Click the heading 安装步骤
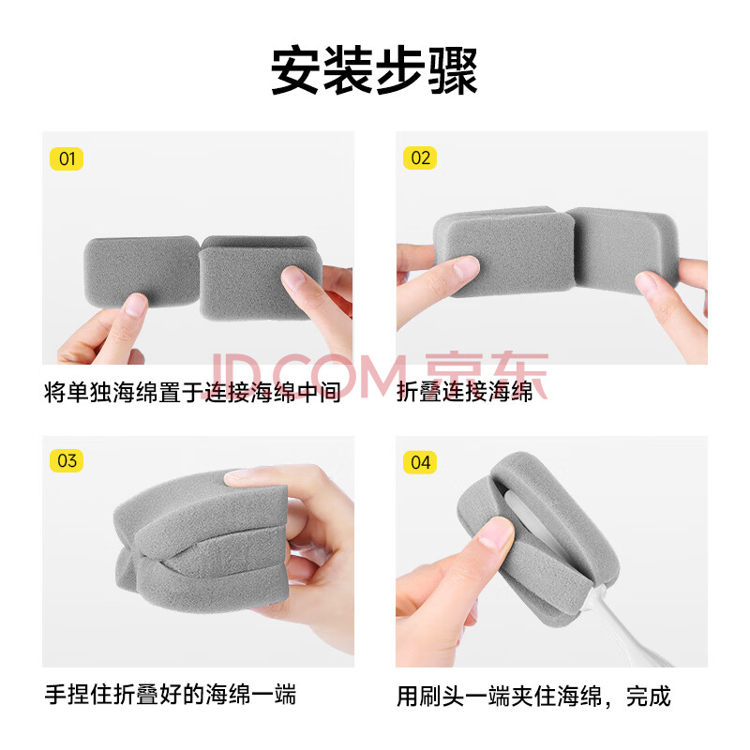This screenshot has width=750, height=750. point(374,71)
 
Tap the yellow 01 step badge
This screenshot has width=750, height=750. point(67,158)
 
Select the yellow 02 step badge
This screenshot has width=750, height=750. point(420,157)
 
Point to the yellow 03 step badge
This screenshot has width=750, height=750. point(67,460)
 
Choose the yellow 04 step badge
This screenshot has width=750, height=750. point(420,462)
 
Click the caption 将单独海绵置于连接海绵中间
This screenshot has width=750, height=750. point(192,392)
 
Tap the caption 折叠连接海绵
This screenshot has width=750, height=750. point(464,392)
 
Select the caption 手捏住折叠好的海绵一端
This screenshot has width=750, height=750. point(171,695)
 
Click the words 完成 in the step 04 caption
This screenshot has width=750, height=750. point(648,696)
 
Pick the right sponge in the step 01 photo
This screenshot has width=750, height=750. point(259,277)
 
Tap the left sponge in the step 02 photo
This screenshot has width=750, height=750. point(504,251)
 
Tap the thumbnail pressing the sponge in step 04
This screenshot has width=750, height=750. point(496,532)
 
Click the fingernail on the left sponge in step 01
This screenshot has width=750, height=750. point(136,304)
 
